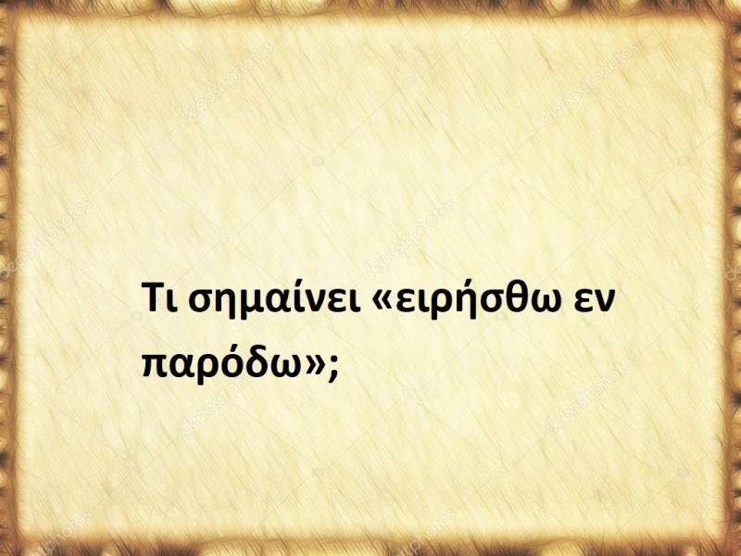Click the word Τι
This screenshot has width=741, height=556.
pos(159,301)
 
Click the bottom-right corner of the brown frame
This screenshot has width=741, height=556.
pos(733,548)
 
